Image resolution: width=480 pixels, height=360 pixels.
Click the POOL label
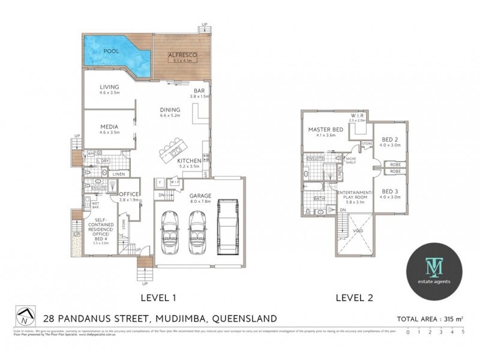pyautogui.click(x=111, y=52)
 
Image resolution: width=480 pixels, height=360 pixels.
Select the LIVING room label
pyautogui.click(x=109, y=87)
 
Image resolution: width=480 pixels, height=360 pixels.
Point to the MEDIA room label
pyautogui.click(x=109, y=127)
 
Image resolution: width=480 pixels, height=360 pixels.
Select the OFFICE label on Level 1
pyautogui.click(x=129, y=194)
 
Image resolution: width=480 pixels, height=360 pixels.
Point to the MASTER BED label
pyautogui.click(x=326, y=130)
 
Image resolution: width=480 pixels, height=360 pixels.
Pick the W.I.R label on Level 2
pyautogui.click(x=356, y=115)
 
